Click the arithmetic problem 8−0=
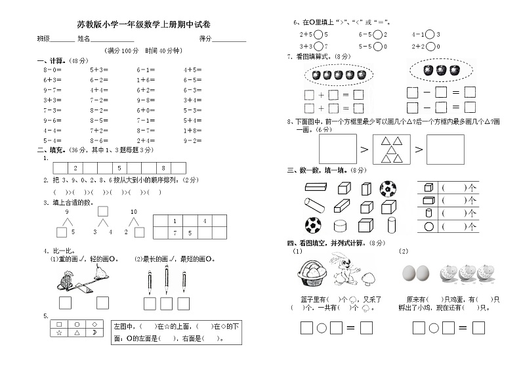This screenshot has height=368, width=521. pos(52,69)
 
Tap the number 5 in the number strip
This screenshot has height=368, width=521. pos(119,169)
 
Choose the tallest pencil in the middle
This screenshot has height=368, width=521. pos(166,280)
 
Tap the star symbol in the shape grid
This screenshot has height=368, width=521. pos(60,333)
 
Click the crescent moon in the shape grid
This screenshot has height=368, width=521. pos(94,333)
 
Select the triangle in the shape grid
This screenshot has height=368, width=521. pos(77,333)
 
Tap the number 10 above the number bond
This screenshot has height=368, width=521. pos(134,212)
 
